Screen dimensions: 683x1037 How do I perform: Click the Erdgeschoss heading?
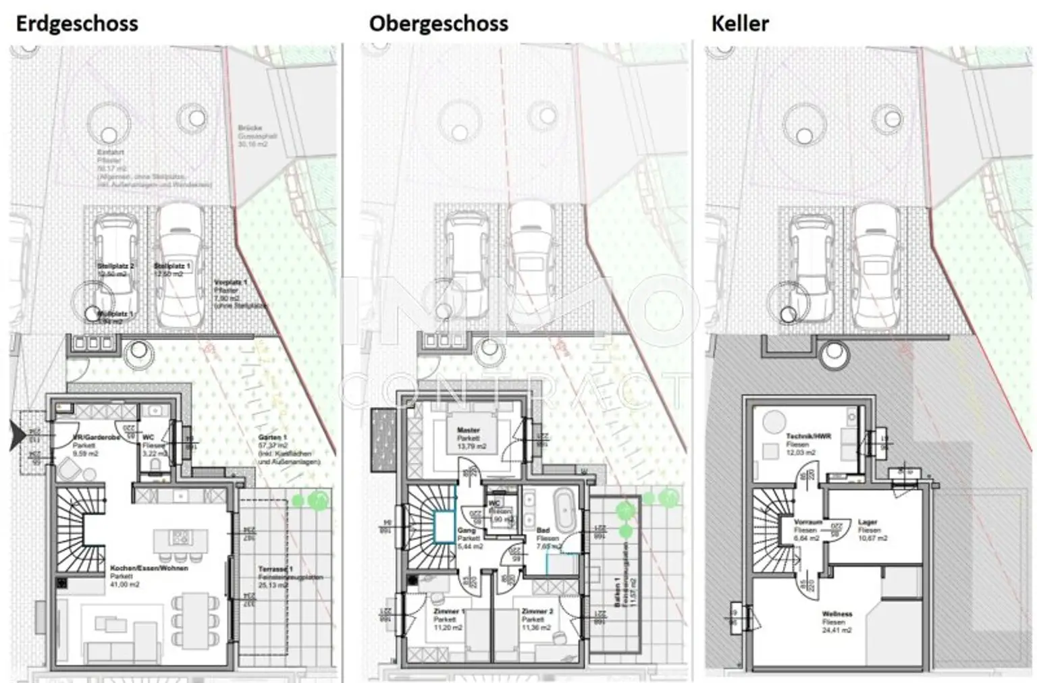click(x=76, y=24)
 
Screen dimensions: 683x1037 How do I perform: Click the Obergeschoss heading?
click(x=438, y=24)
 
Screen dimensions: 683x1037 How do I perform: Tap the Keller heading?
click(x=740, y=24)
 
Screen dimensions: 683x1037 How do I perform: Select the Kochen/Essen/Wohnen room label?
click(x=149, y=569)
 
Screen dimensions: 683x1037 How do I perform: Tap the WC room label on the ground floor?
click(x=149, y=437)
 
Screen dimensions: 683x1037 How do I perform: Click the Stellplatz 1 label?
click(x=171, y=267)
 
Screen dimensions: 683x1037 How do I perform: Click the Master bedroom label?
click(x=468, y=431)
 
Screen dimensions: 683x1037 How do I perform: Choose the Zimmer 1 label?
click(x=445, y=611)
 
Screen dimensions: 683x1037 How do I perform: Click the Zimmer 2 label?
click(x=537, y=611)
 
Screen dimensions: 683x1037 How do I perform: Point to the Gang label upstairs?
click(x=467, y=531)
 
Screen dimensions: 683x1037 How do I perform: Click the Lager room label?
click(x=868, y=522)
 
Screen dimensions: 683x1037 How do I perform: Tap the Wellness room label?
click(x=837, y=614)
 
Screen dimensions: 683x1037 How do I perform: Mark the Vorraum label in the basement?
click(x=807, y=522)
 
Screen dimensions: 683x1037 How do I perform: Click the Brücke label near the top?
click(x=250, y=128)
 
